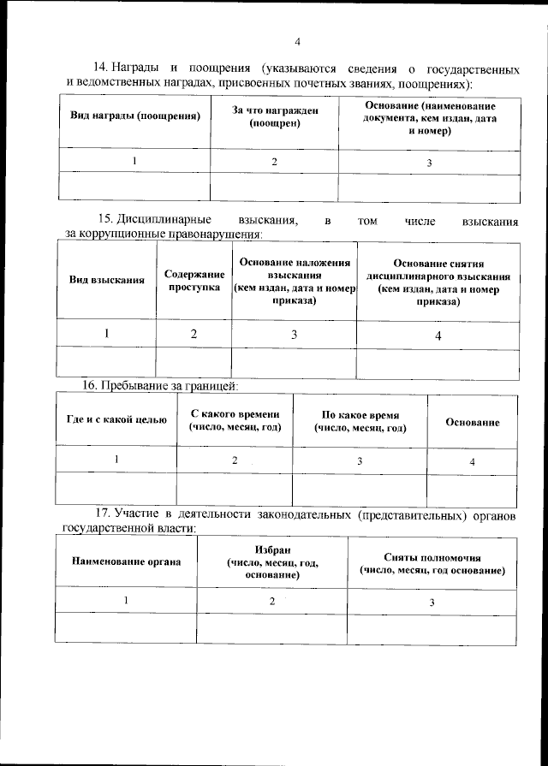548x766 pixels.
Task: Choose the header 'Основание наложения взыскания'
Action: tap(294, 281)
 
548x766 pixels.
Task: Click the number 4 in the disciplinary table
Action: tap(438, 336)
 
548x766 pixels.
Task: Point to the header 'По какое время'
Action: tap(360, 419)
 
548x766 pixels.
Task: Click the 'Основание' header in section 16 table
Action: tap(473, 423)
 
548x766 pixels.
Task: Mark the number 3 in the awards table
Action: tap(429, 163)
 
